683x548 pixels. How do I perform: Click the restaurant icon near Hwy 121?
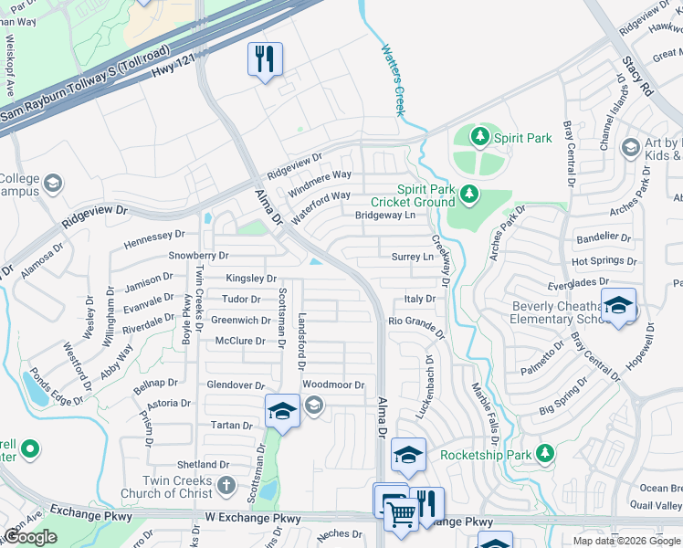[x=265, y=60]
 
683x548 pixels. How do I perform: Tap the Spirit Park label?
[x=522, y=138]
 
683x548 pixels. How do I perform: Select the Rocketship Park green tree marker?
[x=545, y=453]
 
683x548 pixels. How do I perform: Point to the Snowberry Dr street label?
[x=198, y=256]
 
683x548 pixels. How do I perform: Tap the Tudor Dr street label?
[x=241, y=299]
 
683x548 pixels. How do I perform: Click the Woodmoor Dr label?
[x=333, y=385]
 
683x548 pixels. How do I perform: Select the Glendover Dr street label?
[x=235, y=385]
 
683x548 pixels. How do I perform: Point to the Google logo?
[x=30, y=537]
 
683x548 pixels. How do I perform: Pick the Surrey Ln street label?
[x=412, y=258]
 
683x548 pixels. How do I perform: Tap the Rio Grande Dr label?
[x=415, y=321]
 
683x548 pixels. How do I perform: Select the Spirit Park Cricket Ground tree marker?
[x=468, y=194]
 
